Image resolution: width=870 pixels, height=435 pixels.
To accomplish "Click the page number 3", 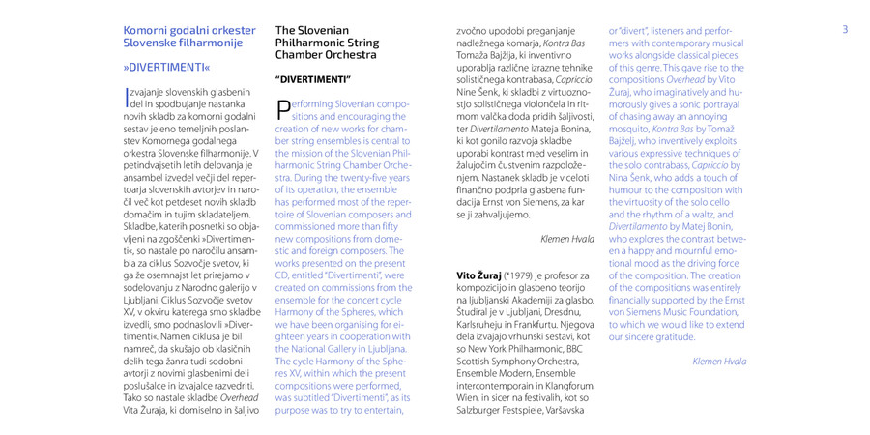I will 844,29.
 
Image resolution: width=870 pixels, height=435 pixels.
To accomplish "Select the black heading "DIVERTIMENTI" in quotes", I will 313,77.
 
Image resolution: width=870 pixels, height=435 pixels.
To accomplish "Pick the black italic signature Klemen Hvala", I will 567,237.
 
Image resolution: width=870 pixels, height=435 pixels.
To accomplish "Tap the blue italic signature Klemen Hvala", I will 719,361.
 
